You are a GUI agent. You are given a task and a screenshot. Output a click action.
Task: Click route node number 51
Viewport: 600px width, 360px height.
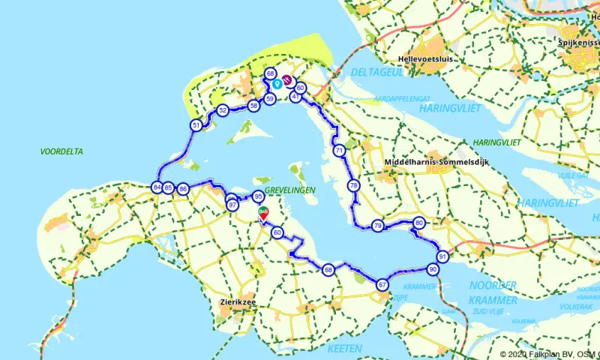click(x=196, y=125)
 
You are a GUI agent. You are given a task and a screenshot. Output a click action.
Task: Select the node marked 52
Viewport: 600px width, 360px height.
click(x=222, y=111)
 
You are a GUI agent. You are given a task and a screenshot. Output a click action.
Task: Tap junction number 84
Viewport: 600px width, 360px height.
click(x=157, y=187)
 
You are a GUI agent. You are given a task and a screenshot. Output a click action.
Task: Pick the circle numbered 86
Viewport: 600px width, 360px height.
click(x=183, y=189)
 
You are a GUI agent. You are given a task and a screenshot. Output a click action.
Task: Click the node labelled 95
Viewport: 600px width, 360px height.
click(x=258, y=197)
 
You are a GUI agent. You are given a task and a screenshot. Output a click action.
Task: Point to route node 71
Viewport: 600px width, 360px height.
click(x=339, y=151)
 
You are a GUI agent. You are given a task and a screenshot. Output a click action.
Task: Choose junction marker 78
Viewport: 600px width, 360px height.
click(x=353, y=185)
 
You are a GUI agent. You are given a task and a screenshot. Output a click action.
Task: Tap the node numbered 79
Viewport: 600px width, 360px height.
click(x=377, y=225)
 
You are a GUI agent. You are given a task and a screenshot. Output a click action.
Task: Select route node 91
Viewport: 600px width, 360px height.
click(x=442, y=256)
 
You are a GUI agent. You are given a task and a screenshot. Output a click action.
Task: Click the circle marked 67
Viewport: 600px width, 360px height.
click(x=382, y=284)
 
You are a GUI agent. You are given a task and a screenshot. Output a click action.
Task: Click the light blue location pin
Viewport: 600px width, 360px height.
click(x=277, y=84)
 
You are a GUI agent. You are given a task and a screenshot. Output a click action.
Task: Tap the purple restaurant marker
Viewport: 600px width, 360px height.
click(x=286, y=79)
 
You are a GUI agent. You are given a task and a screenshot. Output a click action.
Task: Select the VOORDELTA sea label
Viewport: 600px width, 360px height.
click(x=61, y=151)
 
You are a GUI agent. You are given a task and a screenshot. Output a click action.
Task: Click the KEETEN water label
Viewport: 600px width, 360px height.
click(x=345, y=348)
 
